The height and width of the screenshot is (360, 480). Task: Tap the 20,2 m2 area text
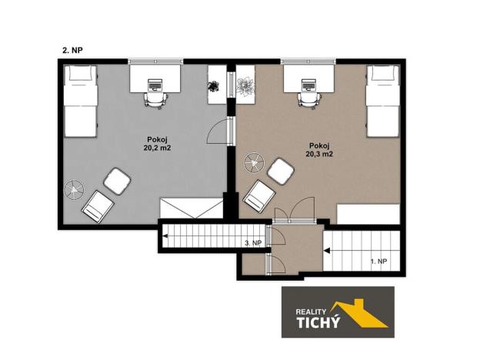pos(158,151)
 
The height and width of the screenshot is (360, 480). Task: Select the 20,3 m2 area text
pos(318,154)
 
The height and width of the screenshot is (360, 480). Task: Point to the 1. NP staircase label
pos(379,262)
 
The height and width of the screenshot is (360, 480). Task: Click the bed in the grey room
pos(78,101)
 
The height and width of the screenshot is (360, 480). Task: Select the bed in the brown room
pos(382,101)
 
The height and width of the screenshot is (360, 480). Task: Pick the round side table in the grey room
pos(73,188)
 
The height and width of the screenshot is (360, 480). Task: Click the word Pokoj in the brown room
pos(318,145)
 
